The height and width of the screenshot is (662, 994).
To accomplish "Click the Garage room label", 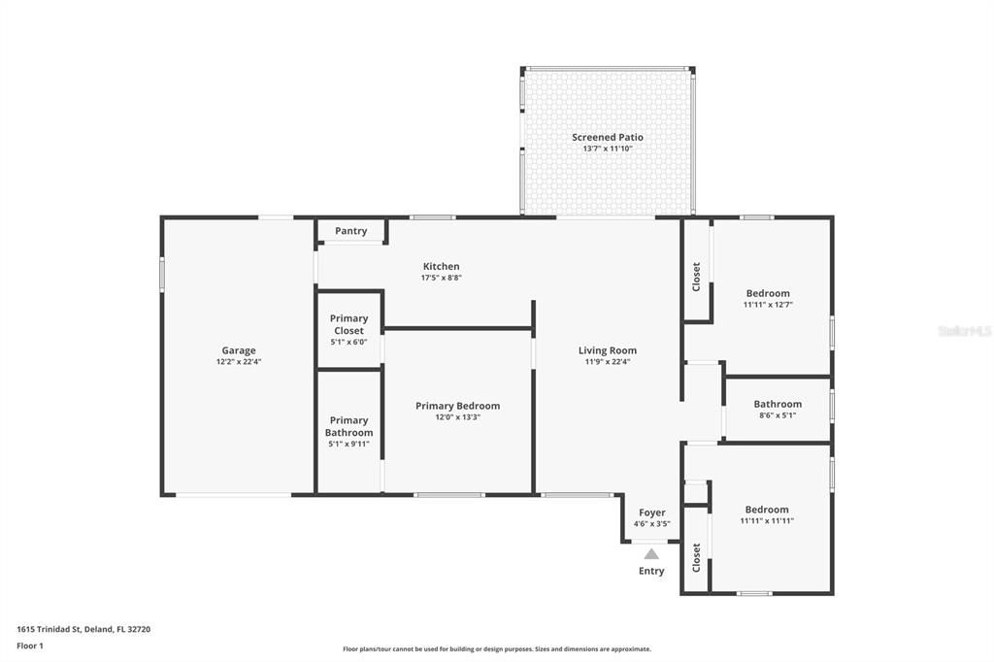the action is pyautogui.click(x=239, y=350).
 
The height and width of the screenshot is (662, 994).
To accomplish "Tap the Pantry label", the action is pyautogui.click(x=351, y=231).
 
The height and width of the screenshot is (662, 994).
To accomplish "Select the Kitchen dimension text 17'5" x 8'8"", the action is pyautogui.click(x=442, y=278).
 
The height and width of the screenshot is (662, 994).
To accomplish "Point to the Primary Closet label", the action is pyautogui.click(x=348, y=324).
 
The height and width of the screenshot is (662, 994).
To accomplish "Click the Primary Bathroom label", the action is pyautogui.click(x=348, y=427).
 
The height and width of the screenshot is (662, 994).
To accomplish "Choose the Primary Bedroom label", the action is pyautogui.click(x=458, y=406).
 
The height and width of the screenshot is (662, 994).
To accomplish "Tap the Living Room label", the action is pyautogui.click(x=608, y=350).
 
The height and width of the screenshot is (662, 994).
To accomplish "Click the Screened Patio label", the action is pyautogui.click(x=608, y=137).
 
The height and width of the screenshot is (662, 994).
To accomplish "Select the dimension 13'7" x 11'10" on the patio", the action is pyautogui.click(x=608, y=149).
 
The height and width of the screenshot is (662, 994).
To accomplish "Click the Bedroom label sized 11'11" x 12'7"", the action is pyautogui.click(x=768, y=293).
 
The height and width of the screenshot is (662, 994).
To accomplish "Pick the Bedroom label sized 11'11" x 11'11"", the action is pyautogui.click(x=767, y=510).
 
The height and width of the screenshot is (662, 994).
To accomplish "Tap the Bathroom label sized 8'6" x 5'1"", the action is pyautogui.click(x=778, y=405).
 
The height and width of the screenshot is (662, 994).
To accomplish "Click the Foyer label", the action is pyautogui.click(x=652, y=513).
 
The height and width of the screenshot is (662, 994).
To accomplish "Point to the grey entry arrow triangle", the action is pyautogui.click(x=651, y=554).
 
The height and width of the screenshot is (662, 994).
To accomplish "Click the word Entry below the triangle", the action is pyautogui.click(x=651, y=572).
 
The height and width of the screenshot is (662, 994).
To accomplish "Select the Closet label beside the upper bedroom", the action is pyautogui.click(x=696, y=277).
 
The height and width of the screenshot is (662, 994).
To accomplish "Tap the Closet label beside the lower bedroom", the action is pyautogui.click(x=696, y=557).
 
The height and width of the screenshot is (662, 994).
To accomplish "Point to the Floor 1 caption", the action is pyautogui.click(x=30, y=646).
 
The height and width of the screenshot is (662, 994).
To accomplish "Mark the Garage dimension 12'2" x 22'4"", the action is pyautogui.click(x=239, y=362).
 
